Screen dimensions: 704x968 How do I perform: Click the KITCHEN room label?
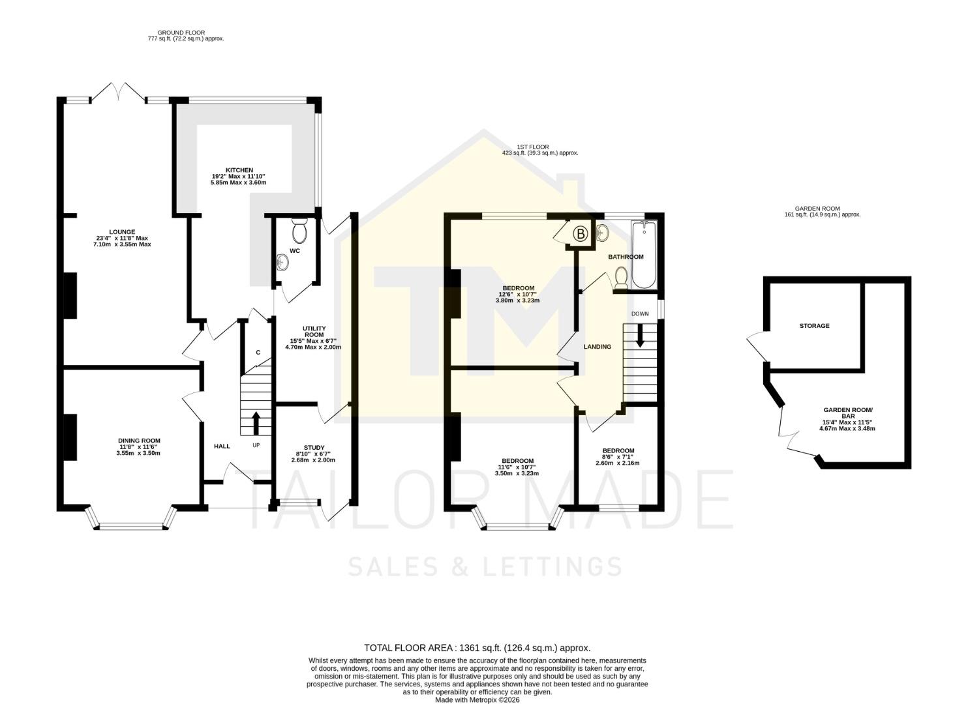point(239,170)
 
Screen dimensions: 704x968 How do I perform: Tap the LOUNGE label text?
point(122,232)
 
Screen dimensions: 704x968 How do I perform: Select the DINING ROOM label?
point(139,441)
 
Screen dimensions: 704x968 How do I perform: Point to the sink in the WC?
point(282,262)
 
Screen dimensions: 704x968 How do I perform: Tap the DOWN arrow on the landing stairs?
point(640,335)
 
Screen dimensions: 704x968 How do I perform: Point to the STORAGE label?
point(814,325)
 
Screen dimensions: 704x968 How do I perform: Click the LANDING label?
point(597,347)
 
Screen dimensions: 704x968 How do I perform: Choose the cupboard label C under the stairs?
point(258,353)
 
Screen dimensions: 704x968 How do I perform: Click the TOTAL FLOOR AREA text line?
point(477,648)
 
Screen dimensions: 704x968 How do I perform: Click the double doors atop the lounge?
point(118,93)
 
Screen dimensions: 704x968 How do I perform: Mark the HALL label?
point(222,447)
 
